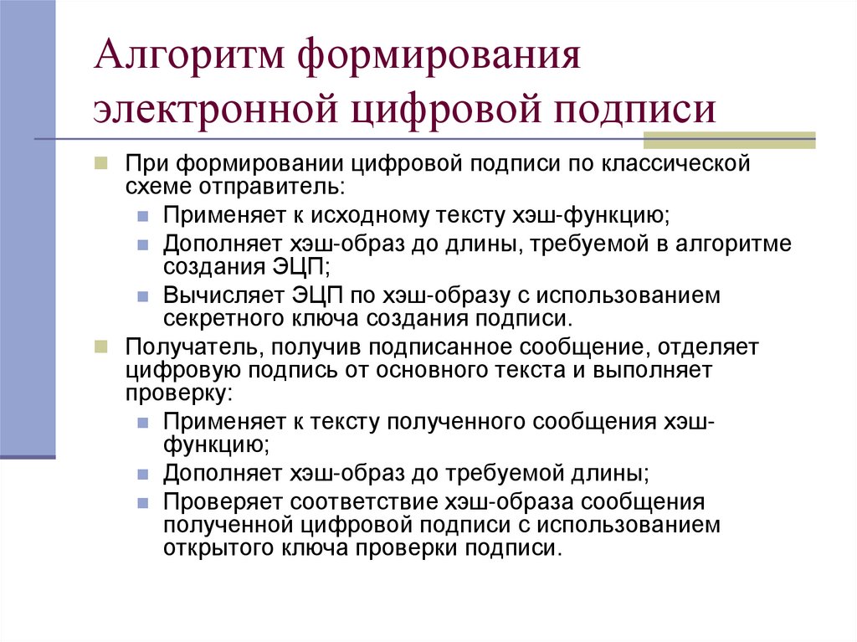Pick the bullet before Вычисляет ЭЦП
(144, 296)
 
